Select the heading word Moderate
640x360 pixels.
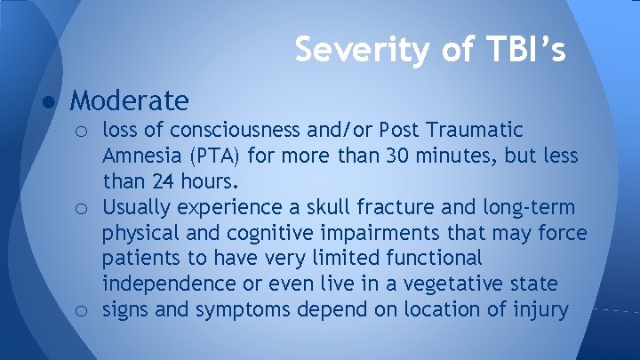point(130,100)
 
